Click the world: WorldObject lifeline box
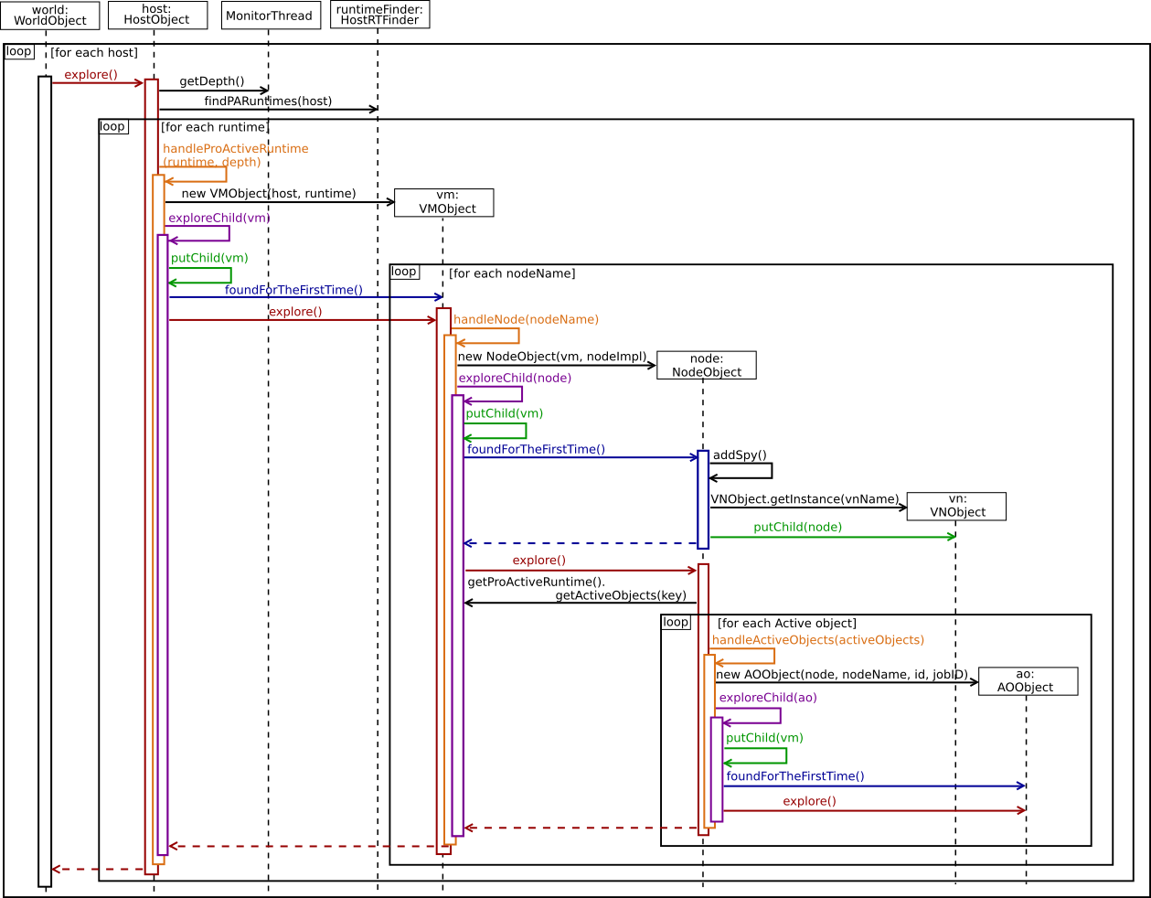click(49, 15)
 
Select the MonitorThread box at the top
click(270, 16)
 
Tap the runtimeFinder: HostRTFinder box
click(379, 15)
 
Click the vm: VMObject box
click(444, 202)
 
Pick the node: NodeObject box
click(706, 365)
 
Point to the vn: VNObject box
click(956, 506)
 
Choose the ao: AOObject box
click(1028, 680)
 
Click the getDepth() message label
click(212, 81)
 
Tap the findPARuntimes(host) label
click(268, 102)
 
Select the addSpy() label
click(740, 455)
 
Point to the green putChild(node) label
click(797, 528)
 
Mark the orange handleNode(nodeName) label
click(526, 320)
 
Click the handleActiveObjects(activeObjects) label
click(817, 640)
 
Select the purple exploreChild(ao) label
click(768, 698)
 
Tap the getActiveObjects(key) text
click(621, 596)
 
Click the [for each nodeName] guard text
click(512, 273)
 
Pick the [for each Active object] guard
click(786, 624)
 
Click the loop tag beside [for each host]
click(19, 52)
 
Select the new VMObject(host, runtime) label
click(269, 194)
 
